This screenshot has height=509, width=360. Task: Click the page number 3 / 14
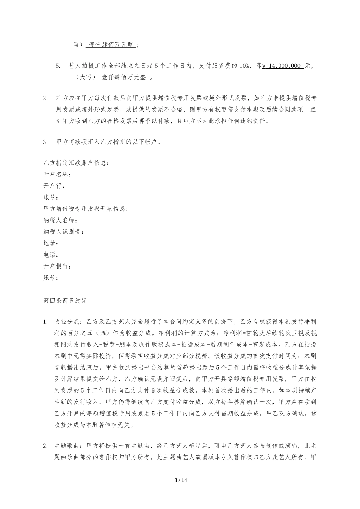pyautogui.click(x=180, y=480)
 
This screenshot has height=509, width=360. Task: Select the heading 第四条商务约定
pyautogui.click(x=65, y=301)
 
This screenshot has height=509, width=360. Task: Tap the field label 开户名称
pyautogui.click(x=56, y=175)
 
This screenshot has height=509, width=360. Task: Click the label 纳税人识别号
pyautogui.click(x=63, y=232)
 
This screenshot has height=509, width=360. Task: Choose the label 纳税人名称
pyautogui.click(x=60, y=220)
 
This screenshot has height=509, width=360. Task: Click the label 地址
pyautogui.click(x=50, y=244)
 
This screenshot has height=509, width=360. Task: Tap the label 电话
pyautogui.click(x=50, y=255)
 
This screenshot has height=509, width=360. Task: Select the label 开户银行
pyautogui.click(x=56, y=266)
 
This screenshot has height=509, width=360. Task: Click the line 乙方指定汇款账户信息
pyautogui.click(x=76, y=163)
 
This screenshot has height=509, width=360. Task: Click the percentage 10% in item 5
pyautogui.click(x=244, y=66)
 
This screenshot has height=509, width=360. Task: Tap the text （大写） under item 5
pyautogui.click(x=84, y=77)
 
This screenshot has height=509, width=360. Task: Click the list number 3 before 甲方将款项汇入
pyautogui.click(x=45, y=142)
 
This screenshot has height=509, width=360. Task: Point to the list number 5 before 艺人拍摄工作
pyautogui.click(x=58, y=66)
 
